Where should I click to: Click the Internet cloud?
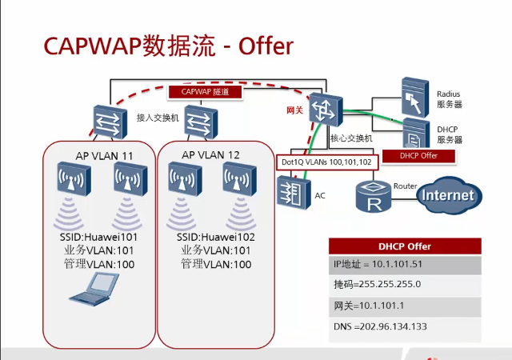[x=448, y=194]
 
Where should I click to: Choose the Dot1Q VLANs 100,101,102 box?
[x=326, y=162]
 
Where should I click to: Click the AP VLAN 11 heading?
[x=98, y=154]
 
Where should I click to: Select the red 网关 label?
[x=294, y=109]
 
